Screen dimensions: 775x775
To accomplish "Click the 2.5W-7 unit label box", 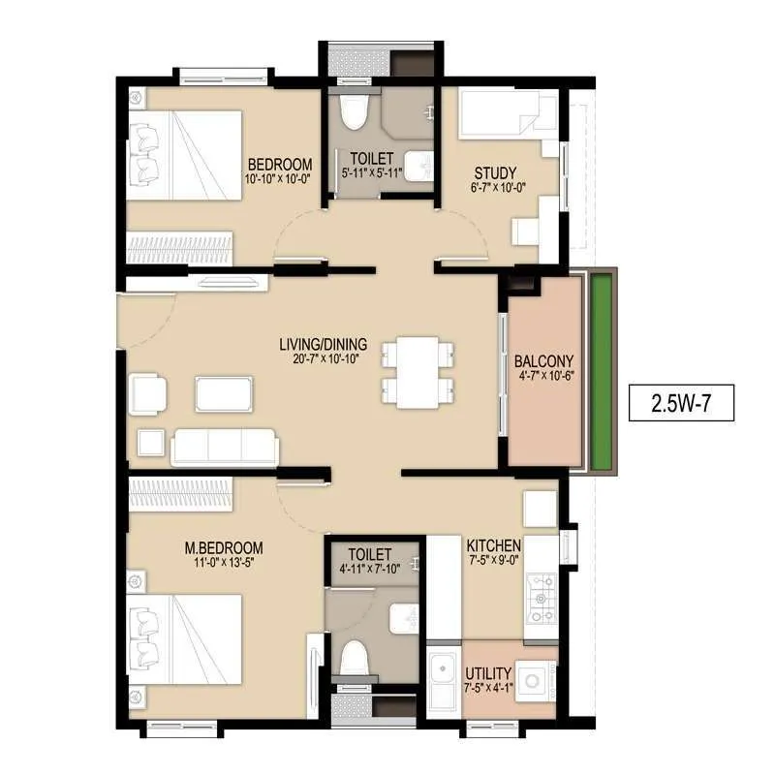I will point(681,403).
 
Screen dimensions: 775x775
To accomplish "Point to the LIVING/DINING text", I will point(323,343).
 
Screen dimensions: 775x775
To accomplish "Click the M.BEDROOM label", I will point(225,548).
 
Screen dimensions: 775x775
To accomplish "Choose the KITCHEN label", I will point(494,545).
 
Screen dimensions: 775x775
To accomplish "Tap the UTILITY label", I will point(488,672).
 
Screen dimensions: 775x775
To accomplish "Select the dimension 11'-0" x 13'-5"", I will point(225,563).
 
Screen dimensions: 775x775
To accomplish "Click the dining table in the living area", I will point(418,372).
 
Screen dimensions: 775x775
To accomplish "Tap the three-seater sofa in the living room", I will point(225,447).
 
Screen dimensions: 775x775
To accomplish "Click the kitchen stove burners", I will point(541,599).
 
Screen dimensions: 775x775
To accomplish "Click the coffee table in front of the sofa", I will point(225,393).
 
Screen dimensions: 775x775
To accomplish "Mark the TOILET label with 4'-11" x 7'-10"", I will point(371,554).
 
